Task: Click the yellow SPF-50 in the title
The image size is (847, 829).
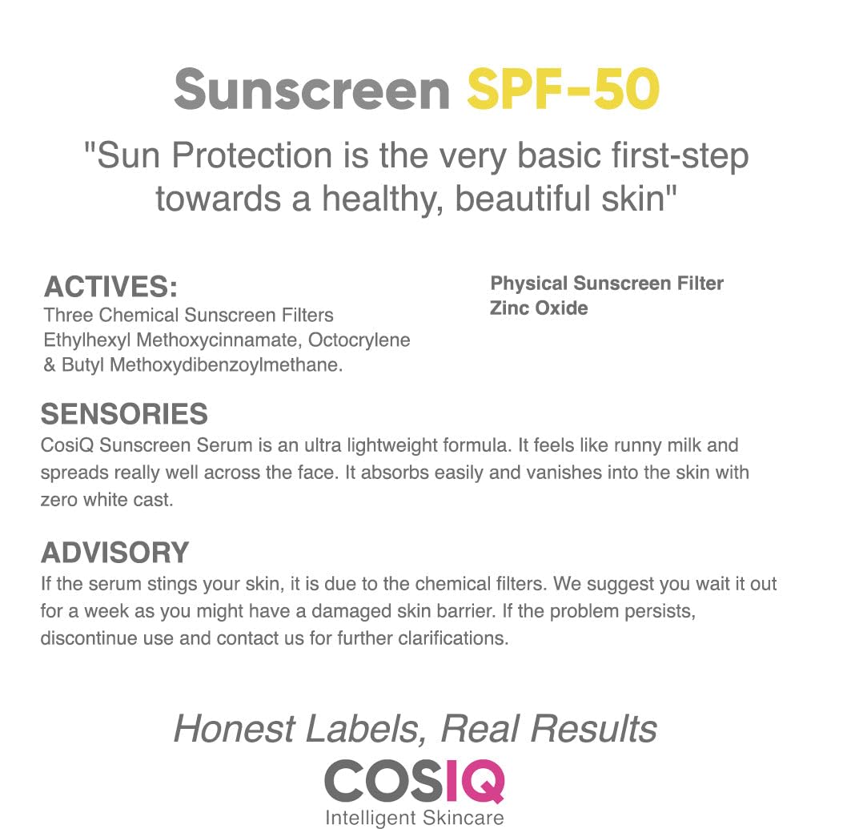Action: coord(563,89)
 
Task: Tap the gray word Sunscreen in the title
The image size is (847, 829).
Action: coord(312,89)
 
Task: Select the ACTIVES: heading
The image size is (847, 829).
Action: coord(110,287)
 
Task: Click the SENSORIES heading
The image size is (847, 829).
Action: coord(124,414)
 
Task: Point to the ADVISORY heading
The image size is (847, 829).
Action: coord(114,553)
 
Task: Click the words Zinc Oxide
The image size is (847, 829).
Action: coord(539,308)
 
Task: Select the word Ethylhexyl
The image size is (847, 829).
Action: coord(87,340)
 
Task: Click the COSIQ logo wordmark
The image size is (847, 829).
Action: coord(414,781)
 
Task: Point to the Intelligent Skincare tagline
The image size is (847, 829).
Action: coord(414,818)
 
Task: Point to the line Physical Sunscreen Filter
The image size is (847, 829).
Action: coord(607,284)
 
